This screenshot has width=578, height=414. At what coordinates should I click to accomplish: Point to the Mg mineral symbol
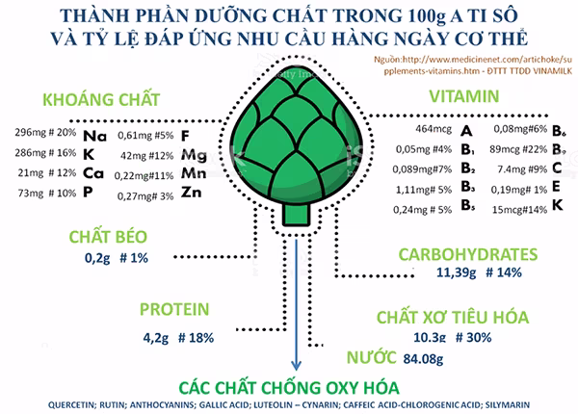[x=193, y=154]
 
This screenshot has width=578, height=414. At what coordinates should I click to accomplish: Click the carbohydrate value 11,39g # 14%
[x=464, y=273]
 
